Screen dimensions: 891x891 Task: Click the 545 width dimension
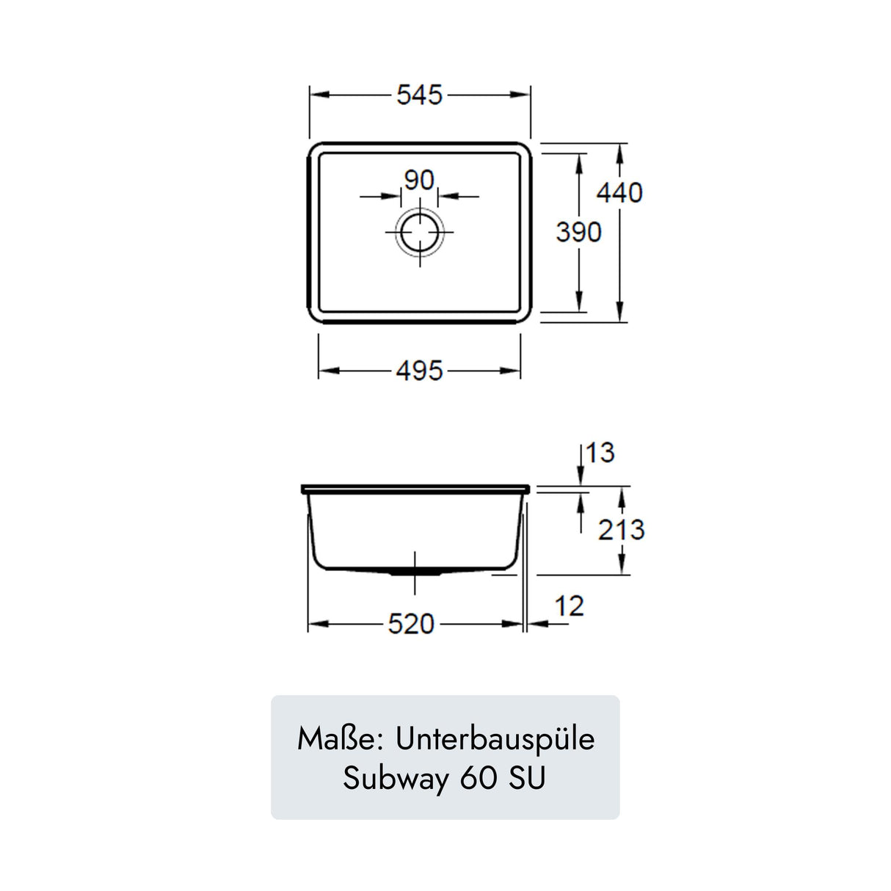point(419,95)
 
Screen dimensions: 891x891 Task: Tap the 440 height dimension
point(619,192)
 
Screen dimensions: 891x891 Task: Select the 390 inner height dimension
point(578,232)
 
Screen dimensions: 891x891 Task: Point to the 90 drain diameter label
point(419,180)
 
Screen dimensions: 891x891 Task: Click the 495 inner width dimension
point(419,371)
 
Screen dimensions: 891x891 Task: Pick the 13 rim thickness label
point(600,453)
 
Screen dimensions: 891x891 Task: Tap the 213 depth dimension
point(621,529)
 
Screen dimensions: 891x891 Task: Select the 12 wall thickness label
point(569,606)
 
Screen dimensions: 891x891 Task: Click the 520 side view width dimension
point(411,624)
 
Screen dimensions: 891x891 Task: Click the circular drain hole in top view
point(419,232)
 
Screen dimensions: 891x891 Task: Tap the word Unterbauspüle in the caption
point(495,739)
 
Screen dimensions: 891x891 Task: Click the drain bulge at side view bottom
point(415,571)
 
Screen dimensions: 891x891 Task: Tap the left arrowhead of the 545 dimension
point(317,95)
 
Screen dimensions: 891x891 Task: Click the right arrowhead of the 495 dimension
point(513,371)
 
